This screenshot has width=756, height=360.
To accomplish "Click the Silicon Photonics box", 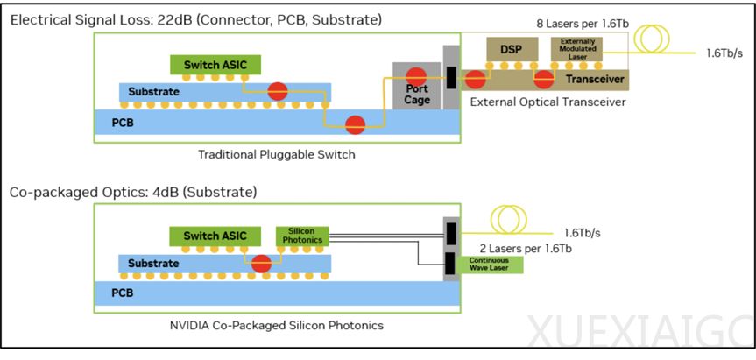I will pos(300,236).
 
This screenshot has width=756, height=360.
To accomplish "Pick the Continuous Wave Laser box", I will pos(495,264).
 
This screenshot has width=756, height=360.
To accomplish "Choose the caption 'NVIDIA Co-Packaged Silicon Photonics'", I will pos(277,326).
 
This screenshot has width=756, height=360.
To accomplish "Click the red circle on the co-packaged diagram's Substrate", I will pos(260,263).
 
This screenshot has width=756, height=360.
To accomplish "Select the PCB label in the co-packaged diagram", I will pos(122,294).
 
